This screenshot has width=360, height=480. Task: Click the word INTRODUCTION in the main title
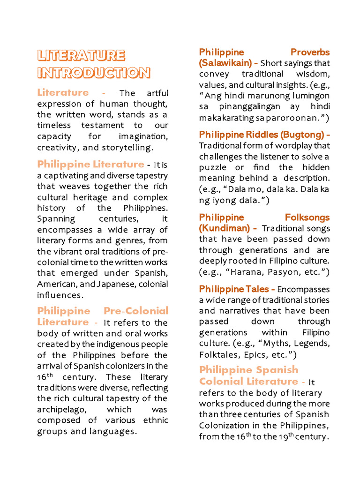click(94, 73)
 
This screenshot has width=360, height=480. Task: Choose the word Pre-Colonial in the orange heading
click(135, 311)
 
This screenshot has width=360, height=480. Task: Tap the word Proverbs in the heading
click(310, 52)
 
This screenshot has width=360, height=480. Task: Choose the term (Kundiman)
click(224, 228)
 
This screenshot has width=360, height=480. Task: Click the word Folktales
click(217, 354)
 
